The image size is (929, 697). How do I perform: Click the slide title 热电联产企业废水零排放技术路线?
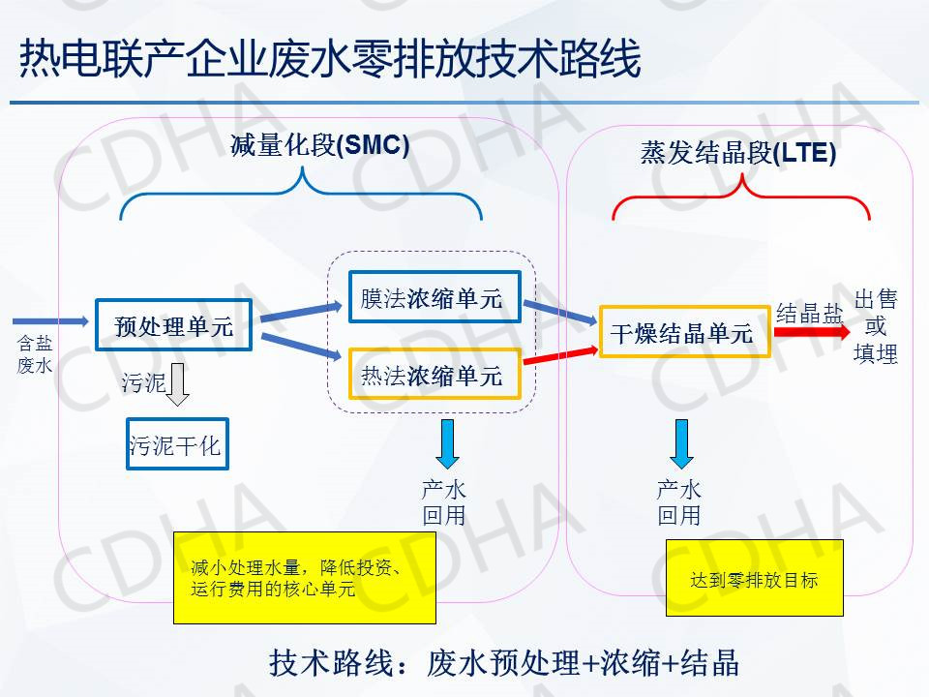coord(329,60)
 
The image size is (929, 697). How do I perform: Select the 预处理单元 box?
coord(174,325)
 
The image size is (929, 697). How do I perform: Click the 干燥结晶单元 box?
coord(683,332)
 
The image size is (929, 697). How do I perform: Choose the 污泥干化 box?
coord(176,444)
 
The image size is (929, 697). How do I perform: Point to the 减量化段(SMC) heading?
coord(320,145)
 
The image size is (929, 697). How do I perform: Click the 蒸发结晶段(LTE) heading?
coord(737,153)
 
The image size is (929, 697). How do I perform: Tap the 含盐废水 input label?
coord(35,354)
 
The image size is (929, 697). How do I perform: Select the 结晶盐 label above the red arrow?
coord(810,313)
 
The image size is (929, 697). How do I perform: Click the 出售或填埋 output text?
coord(876,326)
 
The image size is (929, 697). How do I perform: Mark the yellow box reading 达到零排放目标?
coord(754,578)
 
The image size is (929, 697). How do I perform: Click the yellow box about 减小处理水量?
coord(304,577)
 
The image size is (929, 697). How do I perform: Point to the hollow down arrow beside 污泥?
coord(177,384)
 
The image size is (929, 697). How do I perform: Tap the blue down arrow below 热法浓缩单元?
coord(446,442)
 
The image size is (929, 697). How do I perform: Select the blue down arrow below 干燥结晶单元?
coord(681,442)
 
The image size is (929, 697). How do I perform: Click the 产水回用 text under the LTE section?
coord(679,502)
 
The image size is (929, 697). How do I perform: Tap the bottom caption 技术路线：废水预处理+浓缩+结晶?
coord(503,663)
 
